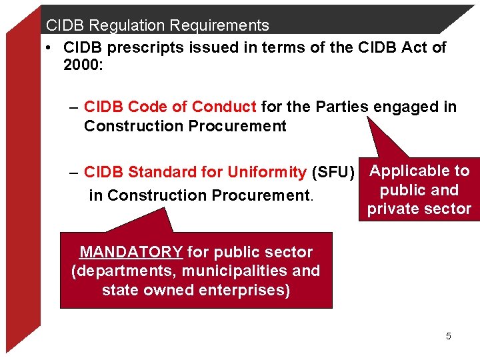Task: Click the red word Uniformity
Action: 267,172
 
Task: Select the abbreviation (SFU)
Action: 333,172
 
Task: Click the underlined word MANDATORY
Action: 131,252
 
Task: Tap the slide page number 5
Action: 448,336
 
